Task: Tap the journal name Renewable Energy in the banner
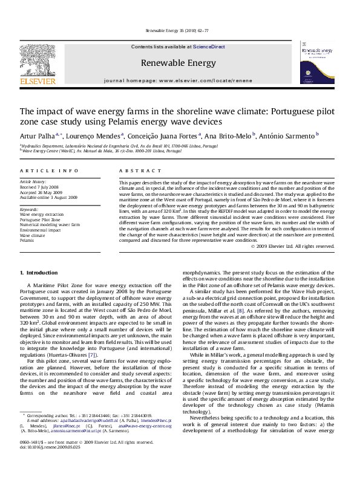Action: [x=178, y=63]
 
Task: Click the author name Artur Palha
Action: [x=37, y=136]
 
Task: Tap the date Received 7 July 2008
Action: [x=40, y=186]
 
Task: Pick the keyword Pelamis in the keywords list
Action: [x=27, y=240]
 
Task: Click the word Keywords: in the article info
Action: [x=29, y=209]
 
